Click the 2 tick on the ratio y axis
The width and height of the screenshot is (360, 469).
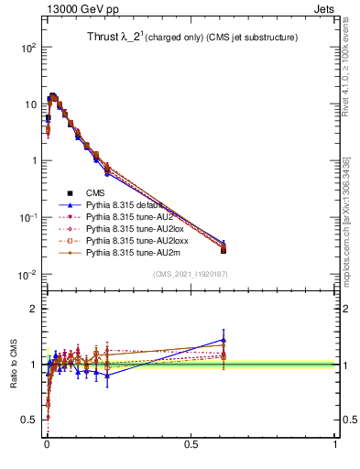coord(34,309)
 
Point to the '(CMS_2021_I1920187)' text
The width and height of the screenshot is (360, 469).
coord(190,274)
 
